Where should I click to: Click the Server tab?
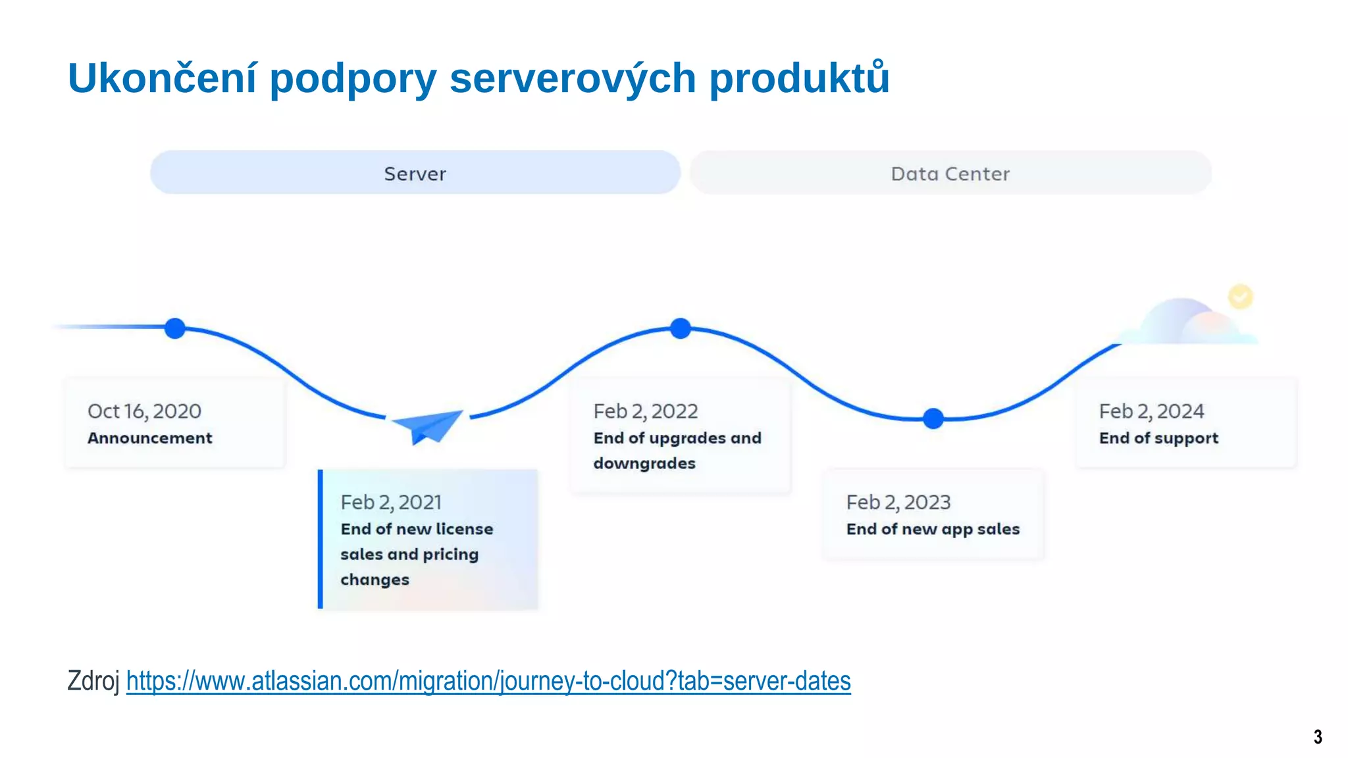(x=415, y=173)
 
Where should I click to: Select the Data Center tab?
(x=950, y=173)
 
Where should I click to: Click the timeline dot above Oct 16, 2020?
(x=175, y=328)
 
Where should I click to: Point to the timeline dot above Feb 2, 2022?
(x=681, y=328)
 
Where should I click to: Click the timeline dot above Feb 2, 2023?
(x=933, y=418)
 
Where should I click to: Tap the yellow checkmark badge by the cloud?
(x=1241, y=297)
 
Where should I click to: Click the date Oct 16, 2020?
(x=144, y=411)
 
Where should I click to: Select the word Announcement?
(x=149, y=438)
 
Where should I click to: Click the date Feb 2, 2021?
(x=391, y=503)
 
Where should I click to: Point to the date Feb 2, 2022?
(x=645, y=411)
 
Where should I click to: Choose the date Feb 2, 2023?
(x=898, y=503)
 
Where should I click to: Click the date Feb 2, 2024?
(x=1151, y=411)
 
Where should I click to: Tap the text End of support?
(x=1158, y=438)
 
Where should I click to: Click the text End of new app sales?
(x=933, y=529)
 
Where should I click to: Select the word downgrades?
(x=644, y=464)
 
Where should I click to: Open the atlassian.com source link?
(x=488, y=681)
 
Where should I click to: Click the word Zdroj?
(x=93, y=681)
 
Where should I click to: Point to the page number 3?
(x=1318, y=736)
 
